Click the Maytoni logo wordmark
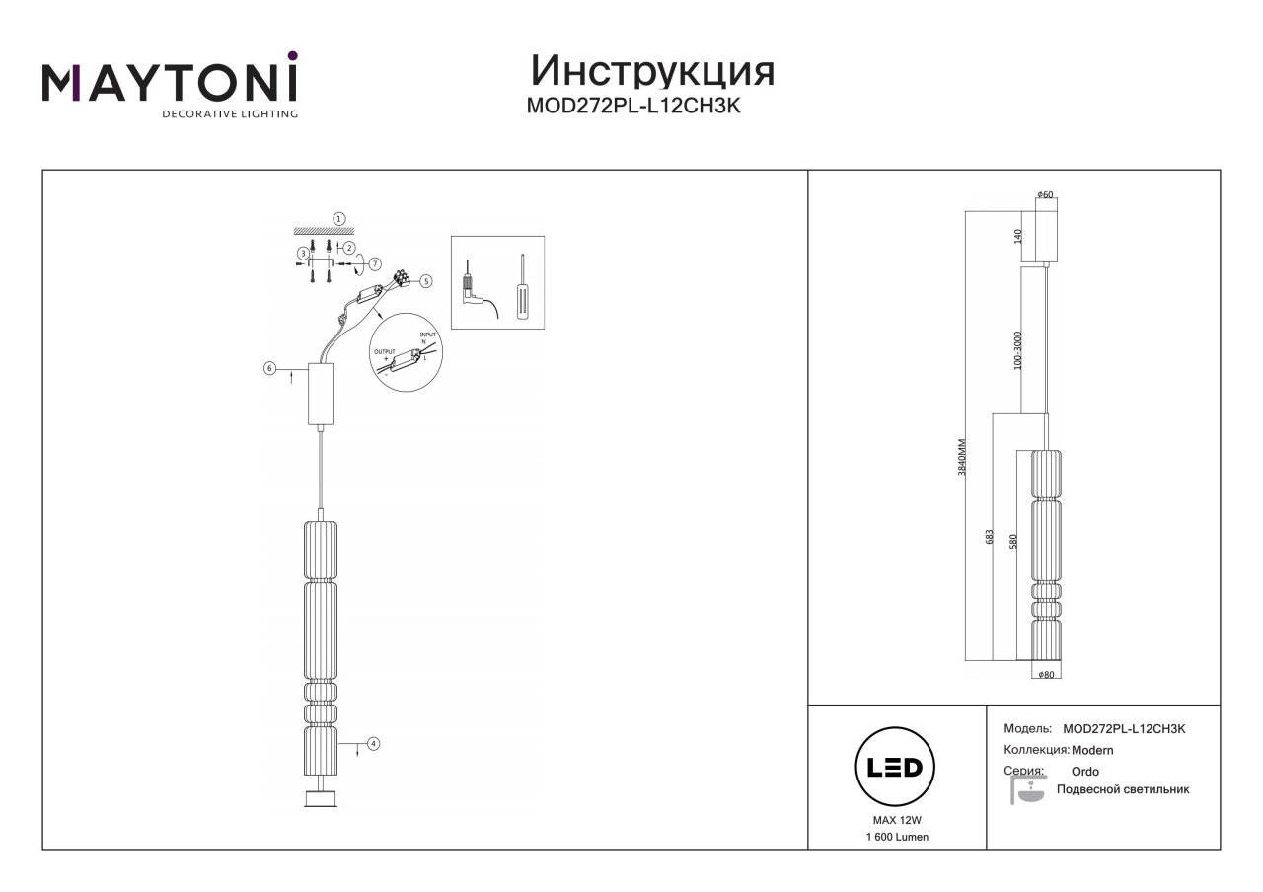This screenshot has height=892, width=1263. (170, 80)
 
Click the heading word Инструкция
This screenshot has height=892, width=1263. (652, 72)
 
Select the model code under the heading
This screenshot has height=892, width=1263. (633, 106)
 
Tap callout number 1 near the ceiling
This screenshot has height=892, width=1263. (338, 219)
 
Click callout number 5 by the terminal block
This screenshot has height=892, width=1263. (425, 281)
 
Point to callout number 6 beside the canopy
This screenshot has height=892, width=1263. (269, 368)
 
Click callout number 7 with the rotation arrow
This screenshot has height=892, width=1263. (375, 263)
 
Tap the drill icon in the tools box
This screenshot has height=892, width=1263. (477, 290)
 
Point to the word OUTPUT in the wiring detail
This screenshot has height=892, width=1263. (385, 352)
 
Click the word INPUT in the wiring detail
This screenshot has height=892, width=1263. (428, 334)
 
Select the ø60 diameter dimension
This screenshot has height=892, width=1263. (1045, 195)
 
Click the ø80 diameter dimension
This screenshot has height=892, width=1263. (1046, 675)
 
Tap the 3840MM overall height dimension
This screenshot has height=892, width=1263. (962, 457)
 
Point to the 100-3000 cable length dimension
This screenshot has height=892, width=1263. (1017, 350)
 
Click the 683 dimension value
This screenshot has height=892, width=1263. (989, 537)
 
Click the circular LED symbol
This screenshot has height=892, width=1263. (895, 767)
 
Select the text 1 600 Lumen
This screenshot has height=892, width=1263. (897, 838)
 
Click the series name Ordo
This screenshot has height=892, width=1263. (1084, 772)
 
